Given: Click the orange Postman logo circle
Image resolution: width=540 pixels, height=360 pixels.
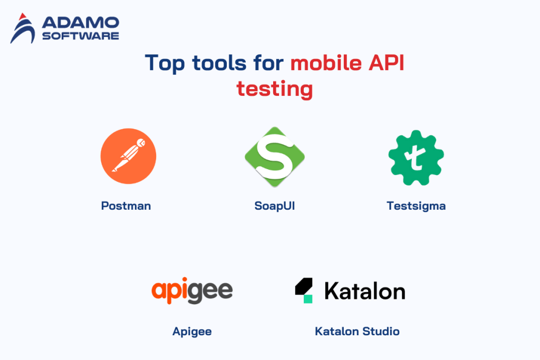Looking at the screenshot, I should (x=128, y=157).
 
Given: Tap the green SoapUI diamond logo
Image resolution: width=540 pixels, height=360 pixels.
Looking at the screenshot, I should (x=275, y=157).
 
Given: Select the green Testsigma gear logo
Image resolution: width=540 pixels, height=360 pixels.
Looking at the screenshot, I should (x=416, y=157).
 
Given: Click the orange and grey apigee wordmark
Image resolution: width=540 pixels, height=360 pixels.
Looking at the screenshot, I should (x=192, y=290).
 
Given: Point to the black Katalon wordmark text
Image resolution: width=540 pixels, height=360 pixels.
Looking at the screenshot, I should (x=365, y=290).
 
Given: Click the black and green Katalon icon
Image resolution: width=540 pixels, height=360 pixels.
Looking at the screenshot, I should (x=304, y=290).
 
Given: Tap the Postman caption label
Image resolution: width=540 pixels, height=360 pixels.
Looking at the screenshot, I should (x=126, y=206).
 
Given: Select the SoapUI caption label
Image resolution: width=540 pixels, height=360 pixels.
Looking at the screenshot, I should (x=274, y=206).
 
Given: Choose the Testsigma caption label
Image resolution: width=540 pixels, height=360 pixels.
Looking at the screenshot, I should (x=416, y=206).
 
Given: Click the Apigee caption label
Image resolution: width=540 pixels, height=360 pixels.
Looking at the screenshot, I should (x=192, y=332).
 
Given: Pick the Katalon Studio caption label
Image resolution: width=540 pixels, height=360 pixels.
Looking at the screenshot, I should (x=357, y=332).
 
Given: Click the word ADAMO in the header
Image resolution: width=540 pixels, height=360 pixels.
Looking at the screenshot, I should (x=80, y=23).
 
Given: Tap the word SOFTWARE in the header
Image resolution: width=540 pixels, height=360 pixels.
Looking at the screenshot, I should (x=80, y=36).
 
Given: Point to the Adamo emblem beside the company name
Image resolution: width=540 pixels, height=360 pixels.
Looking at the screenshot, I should (x=24, y=28).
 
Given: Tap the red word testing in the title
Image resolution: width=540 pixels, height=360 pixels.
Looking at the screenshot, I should (x=274, y=89).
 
